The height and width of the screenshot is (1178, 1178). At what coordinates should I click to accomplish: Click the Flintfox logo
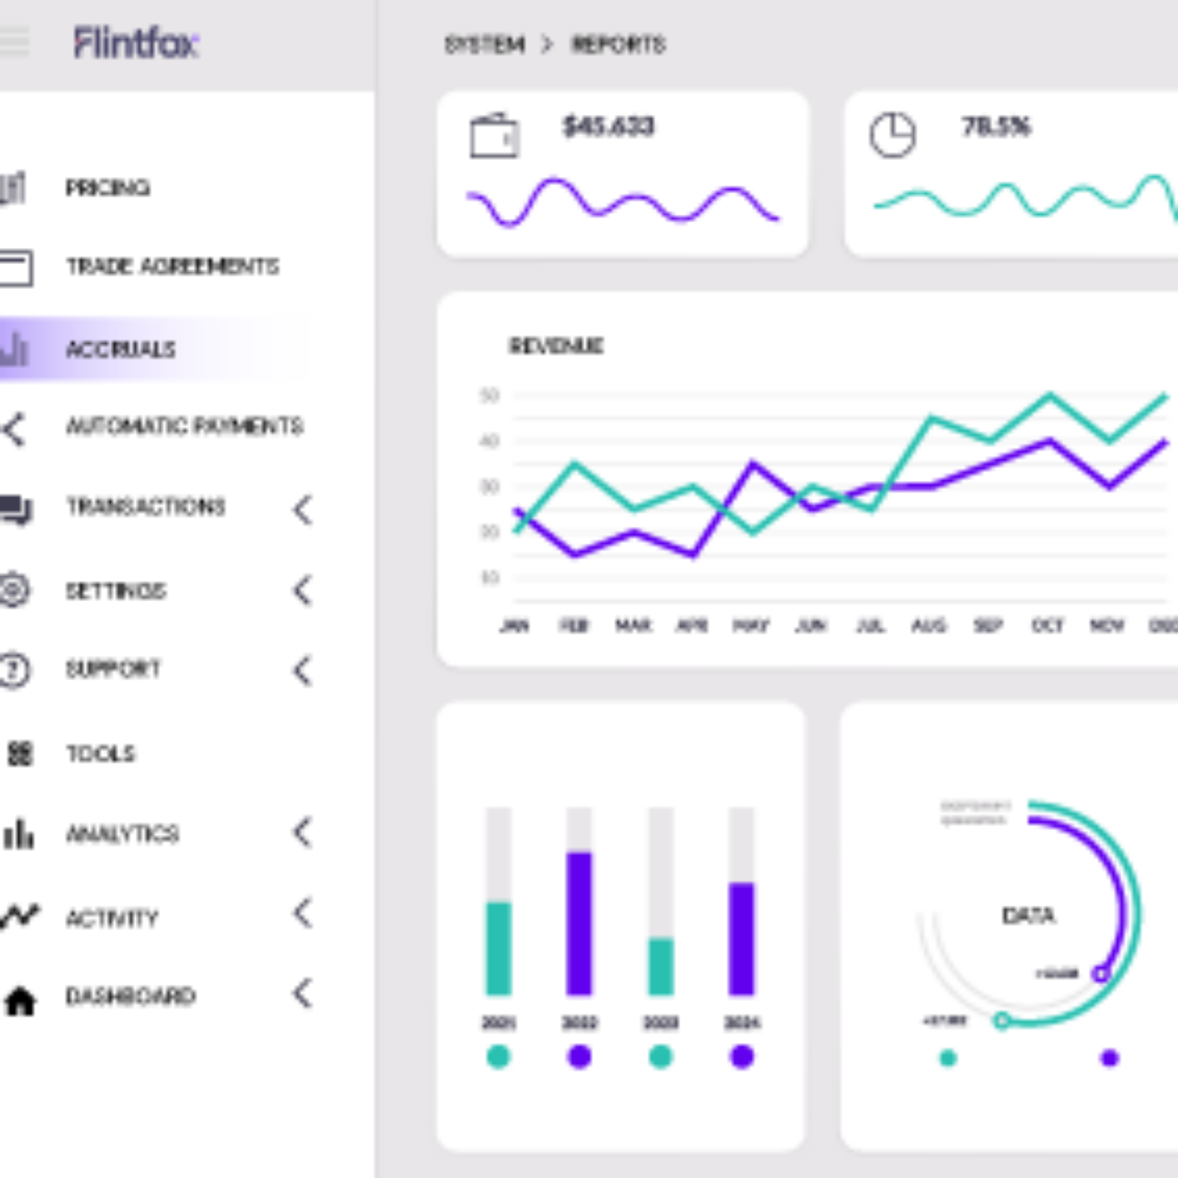tap(136, 43)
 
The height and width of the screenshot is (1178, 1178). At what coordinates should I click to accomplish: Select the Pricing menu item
tap(107, 187)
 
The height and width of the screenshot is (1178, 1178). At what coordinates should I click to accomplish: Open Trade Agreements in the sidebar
tap(172, 266)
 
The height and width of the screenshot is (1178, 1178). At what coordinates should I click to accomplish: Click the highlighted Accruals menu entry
tap(120, 349)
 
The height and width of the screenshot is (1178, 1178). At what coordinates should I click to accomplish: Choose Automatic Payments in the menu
tap(184, 426)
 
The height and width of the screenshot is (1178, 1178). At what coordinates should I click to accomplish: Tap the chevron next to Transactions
tap(303, 509)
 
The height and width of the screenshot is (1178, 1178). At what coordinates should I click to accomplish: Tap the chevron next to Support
tap(303, 670)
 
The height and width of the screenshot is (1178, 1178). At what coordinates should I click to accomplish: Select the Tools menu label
tap(100, 753)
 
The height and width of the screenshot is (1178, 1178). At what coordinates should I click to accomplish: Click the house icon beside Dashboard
tap(20, 1001)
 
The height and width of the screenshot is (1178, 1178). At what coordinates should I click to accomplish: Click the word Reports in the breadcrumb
tap(618, 45)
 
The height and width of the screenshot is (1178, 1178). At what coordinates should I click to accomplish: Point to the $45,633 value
tap(608, 127)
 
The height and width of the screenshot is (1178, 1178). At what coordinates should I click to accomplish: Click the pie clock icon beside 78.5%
tap(892, 134)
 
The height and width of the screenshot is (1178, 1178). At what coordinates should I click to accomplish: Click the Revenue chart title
tap(556, 346)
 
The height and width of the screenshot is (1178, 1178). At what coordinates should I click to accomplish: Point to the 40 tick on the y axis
tap(489, 441)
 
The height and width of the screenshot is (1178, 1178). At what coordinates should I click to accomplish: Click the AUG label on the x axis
tap(929, 626)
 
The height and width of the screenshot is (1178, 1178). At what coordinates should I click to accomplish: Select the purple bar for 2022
tap(579, 923)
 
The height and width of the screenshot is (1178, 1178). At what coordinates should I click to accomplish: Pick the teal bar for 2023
tap(661, 966)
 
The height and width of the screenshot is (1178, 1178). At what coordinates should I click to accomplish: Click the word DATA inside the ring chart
tap(1028, 915)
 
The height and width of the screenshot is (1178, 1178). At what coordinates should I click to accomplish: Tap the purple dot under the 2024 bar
tap(742, 1057)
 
